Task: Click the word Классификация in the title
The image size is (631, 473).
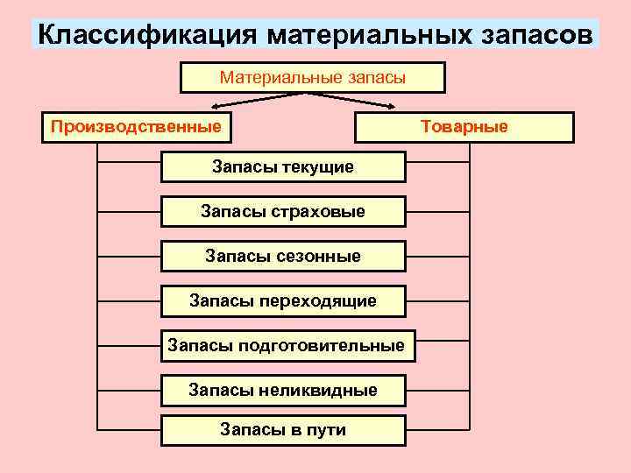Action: pyautogui.click(x=146, y=36)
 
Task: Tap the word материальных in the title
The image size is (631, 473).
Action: pyautogui.click(x=369, y=36)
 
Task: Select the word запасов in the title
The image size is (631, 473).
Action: pyautogui.click(x=538, y=36)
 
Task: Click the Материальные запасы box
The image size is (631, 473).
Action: pyautogui.click(x=313, y=77)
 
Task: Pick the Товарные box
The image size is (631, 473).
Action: pyautogui.click(x=464, y=127)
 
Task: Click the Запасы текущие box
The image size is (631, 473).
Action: pyautogui.click(x=283, y=166)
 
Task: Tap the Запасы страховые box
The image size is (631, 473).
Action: pyautogui.click(x=283, y=211)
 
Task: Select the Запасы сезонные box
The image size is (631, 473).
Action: pyautogui.click(x=283, y=257)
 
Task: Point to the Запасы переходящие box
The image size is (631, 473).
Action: pyautogui.click(x=283, y=301)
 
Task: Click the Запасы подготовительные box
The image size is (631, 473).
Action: pyautogui.click(x=287, y=346)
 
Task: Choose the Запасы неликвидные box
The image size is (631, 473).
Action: pyautogui.click(x=283, y=390)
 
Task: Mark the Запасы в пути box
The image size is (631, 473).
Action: pyautogui.click(x=283, y=430)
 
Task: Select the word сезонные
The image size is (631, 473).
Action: pyautogui.click(x=319, y=257)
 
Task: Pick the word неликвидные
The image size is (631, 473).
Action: pyautogui.click(x=319, y=390)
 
